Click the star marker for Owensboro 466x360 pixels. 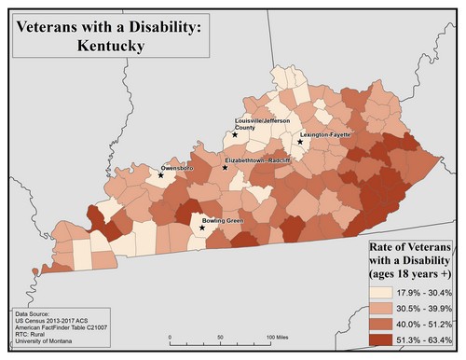161,174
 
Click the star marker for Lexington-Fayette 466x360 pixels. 300,142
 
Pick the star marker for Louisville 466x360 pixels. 235,135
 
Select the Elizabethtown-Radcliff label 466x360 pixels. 258,160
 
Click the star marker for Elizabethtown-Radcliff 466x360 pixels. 224,167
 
